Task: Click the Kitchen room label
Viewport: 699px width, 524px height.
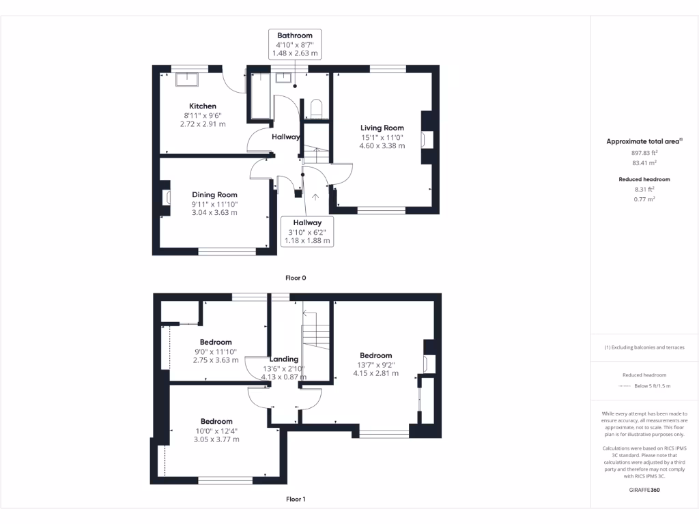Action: [203, 106]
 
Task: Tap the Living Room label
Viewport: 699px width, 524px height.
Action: [382, 128]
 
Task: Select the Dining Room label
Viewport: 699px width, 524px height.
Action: [214, 195]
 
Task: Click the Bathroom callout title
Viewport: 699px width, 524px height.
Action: [295, 35]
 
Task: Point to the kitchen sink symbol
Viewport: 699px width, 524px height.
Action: [186, 80]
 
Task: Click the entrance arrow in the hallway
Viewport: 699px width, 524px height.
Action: [315, 197]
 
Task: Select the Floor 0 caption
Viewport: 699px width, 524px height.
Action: [296, 278]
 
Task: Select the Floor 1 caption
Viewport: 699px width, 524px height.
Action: [296, 499]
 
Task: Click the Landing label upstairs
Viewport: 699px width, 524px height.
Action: [284, 359]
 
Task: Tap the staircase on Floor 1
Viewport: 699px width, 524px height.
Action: [315, 334]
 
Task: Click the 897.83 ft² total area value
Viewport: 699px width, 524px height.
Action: [644, 154]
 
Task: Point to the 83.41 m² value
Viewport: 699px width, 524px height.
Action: [644, 163]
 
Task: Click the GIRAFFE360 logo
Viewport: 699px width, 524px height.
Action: [644, 490]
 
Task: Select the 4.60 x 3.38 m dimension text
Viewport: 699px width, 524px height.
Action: [382, 145]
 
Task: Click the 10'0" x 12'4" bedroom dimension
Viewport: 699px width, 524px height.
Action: [216, 431]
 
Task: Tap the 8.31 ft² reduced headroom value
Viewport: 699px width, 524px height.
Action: [644, 189]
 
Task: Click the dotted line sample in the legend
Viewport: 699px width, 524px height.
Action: [624, 386]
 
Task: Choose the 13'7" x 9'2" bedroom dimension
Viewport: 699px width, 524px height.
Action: [375, 364]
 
